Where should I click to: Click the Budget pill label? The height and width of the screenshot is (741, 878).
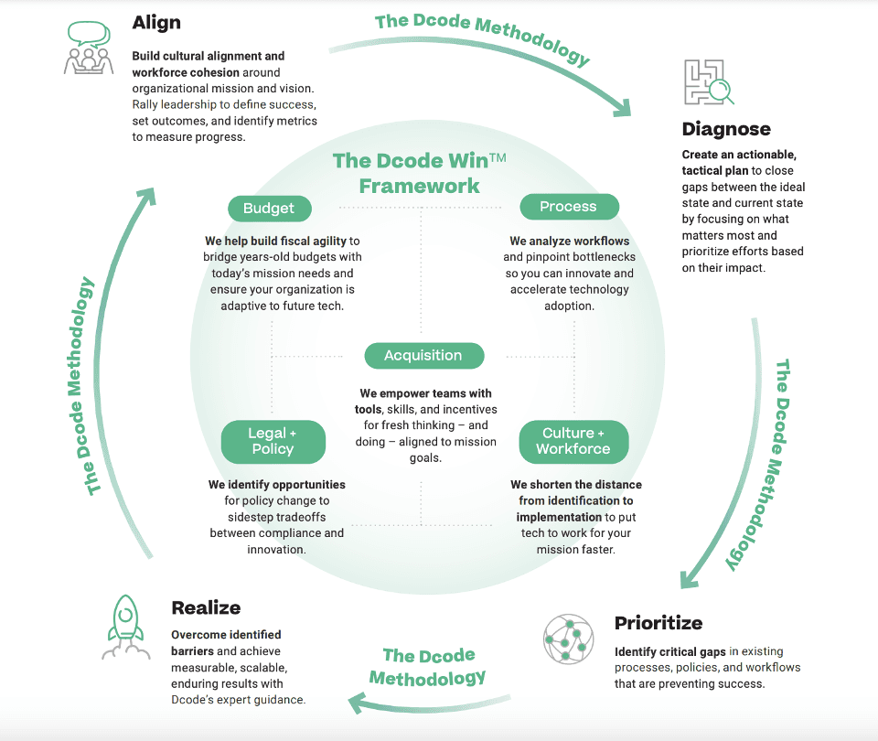click(269, 209)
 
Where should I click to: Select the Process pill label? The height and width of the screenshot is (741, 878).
click(568, 207)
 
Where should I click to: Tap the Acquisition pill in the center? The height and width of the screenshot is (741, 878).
click(423, 356)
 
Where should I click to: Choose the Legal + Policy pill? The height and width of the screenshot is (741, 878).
click(273, 441)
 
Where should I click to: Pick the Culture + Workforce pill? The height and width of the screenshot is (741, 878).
click(573, 441)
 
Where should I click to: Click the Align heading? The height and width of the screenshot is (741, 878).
click(156, 22)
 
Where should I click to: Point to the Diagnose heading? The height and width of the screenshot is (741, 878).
click(726, 129)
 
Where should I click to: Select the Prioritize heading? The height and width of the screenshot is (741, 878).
click(658, 623)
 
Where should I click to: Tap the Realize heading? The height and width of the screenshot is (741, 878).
click(206, 607)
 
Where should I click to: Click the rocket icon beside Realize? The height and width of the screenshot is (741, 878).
click(125, 626)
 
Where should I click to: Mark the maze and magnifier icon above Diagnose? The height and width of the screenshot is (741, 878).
click(708, 82)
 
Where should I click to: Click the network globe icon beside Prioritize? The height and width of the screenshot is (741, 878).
click(569, 639)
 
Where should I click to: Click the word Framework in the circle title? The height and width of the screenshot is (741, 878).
click(419, 186)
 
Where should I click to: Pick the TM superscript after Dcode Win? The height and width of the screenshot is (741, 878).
click(498, 158)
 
